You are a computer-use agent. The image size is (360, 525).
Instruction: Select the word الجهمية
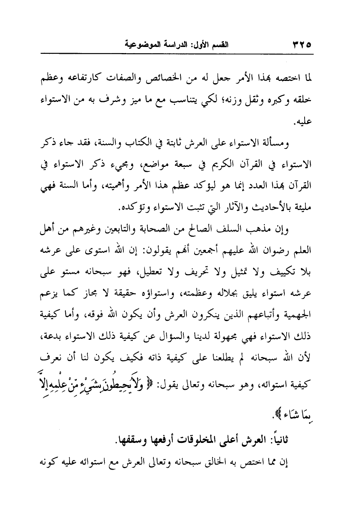[x=299, y=315]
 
